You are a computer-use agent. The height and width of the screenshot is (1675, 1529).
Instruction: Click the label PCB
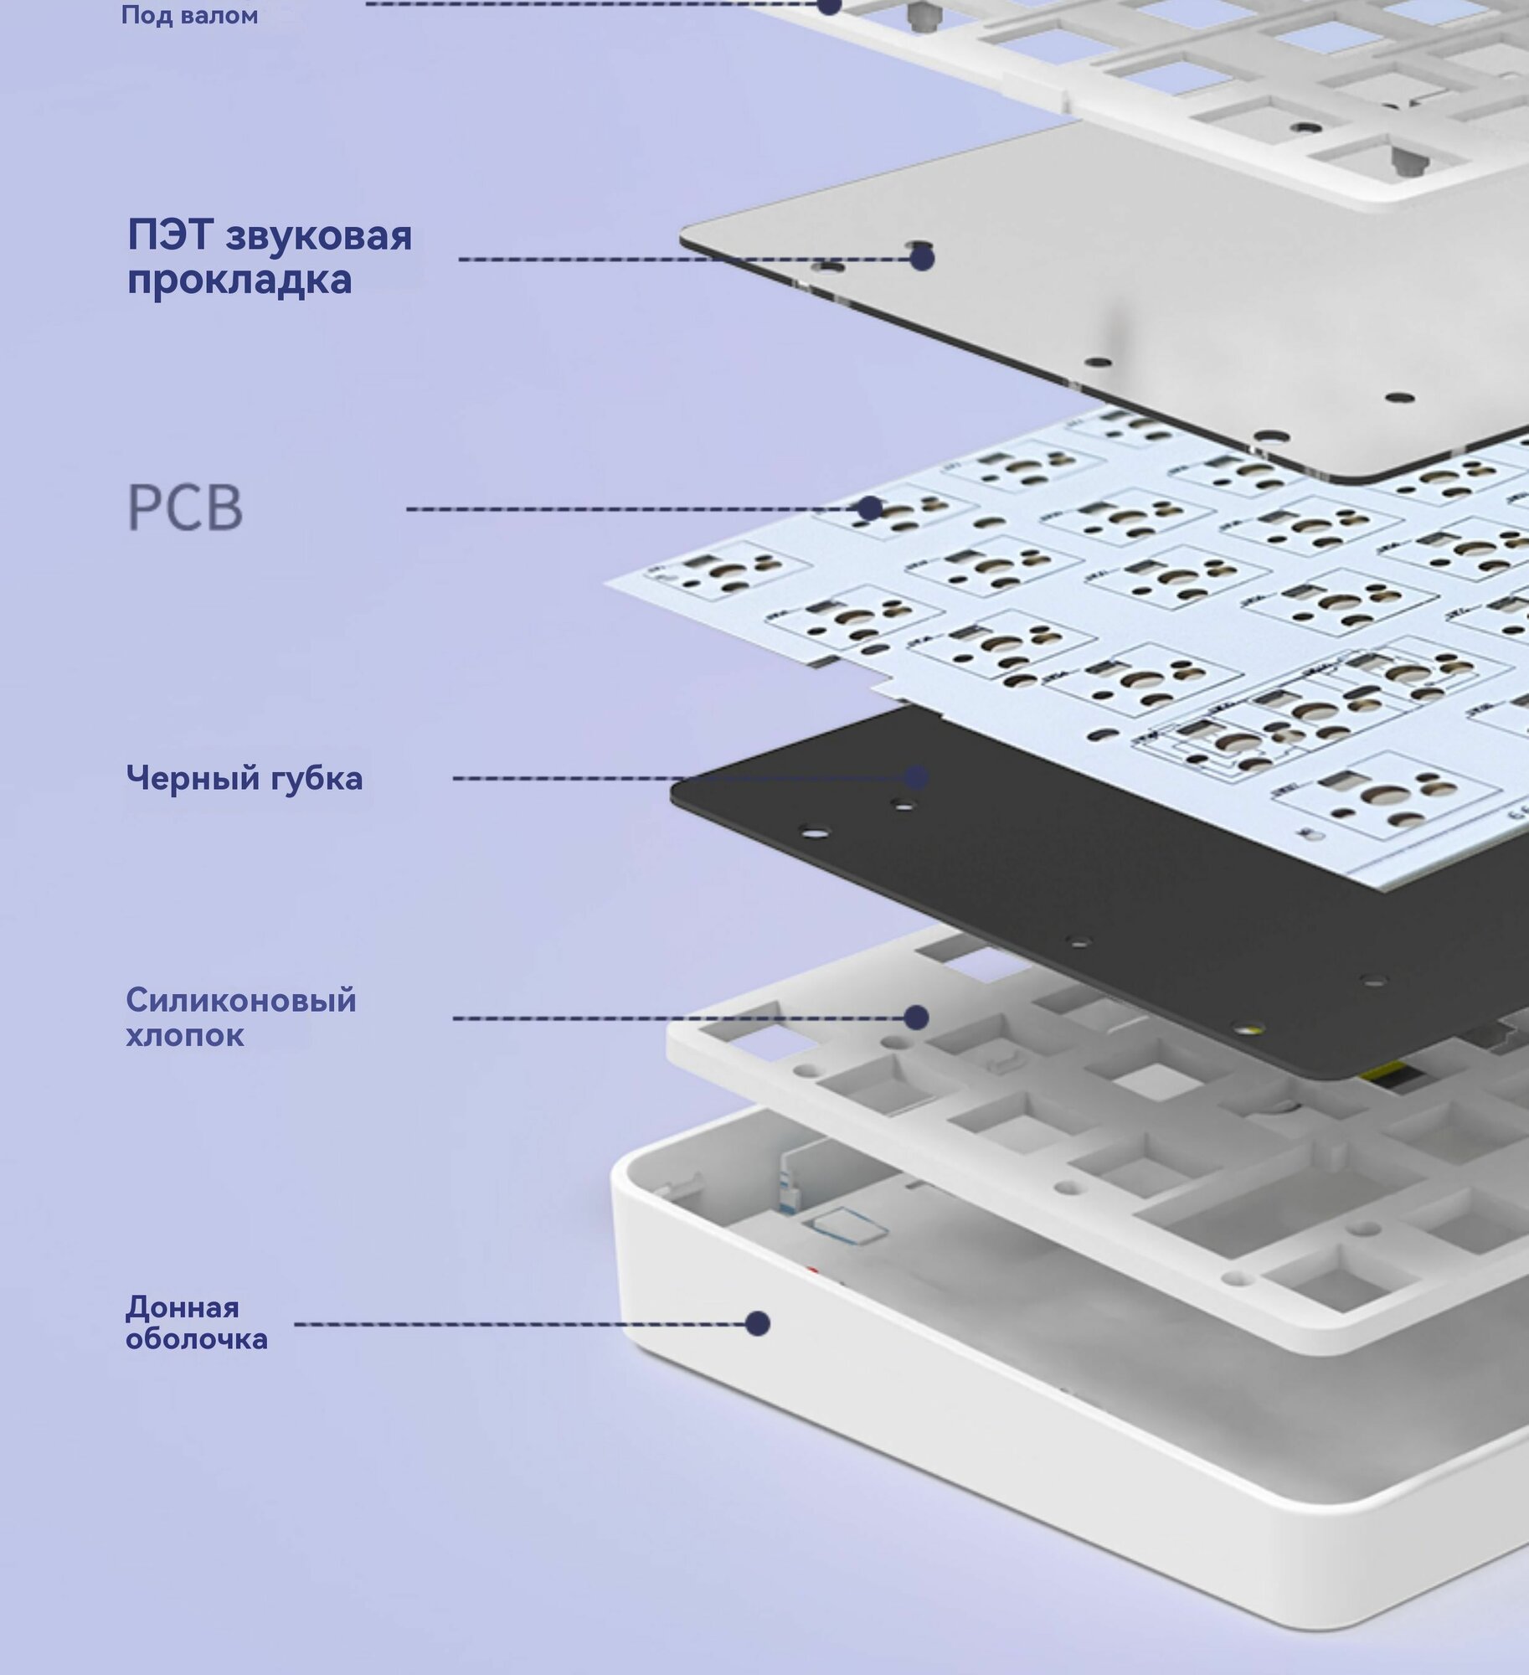[185, 508]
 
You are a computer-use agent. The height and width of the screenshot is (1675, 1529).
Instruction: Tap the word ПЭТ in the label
[170, 235]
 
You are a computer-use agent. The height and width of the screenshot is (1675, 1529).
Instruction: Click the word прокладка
[239, 280]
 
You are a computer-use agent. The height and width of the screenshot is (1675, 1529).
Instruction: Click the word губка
[317, 779]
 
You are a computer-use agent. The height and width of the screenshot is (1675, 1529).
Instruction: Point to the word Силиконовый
[241, 1000]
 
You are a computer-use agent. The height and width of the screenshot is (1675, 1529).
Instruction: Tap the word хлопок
[185, 1036]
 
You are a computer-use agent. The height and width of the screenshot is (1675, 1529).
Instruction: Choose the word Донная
[183, 1307]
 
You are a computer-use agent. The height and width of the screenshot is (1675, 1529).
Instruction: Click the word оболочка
[197, 1339]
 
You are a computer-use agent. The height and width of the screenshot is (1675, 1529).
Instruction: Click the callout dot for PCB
[871, 508]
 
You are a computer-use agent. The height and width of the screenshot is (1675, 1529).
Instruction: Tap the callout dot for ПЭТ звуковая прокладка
[922, 259]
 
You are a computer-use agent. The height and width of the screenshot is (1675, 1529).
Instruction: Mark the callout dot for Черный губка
[917, 777]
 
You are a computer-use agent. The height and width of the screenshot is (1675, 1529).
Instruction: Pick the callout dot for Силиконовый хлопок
[917, 1018]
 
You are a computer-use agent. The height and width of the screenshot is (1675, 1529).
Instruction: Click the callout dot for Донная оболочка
[758, 1323]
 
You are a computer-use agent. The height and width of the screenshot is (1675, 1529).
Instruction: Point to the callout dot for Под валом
[829, 5]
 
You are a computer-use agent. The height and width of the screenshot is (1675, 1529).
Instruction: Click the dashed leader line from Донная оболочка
[520, 1324]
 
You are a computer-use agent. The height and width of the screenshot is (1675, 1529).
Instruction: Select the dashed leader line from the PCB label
[632, 508]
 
